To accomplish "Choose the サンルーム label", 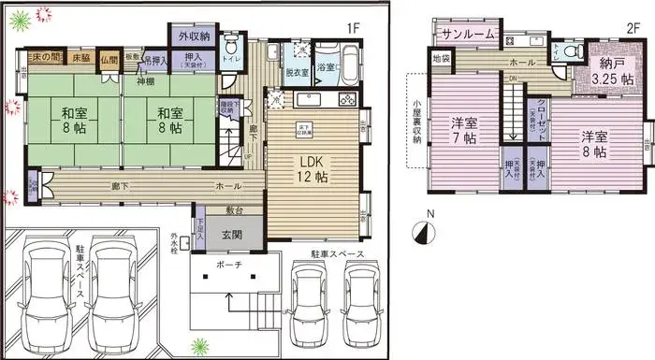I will coord(468,35).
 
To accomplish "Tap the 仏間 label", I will coord(109,60).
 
